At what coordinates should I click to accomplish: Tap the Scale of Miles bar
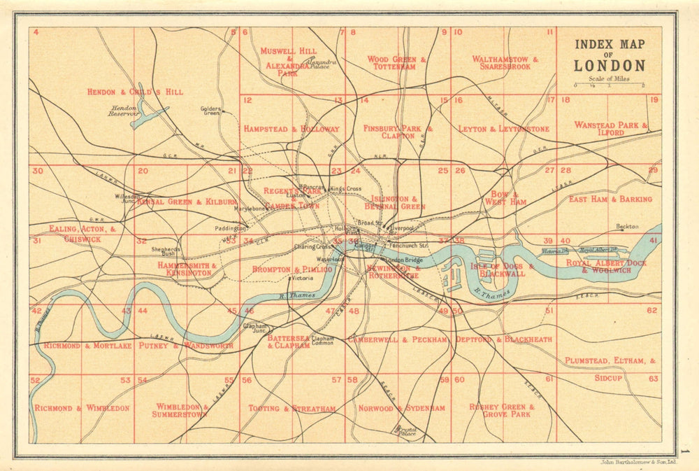(x=609, y=85)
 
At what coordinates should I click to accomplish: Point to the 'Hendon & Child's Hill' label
(x=135, y=92)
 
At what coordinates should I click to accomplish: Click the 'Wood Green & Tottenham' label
(x=396, y=63)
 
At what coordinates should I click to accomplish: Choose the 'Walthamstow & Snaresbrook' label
(x=505, y=62)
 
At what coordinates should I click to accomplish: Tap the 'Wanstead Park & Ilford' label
(x=611, y=128)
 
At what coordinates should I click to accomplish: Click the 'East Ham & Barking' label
(x=610, y=199)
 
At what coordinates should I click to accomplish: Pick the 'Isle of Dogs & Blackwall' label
(x=503, y=270)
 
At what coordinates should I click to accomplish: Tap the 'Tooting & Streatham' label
(x=292, y=408)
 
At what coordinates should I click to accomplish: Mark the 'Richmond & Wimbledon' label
(x=82, y=407)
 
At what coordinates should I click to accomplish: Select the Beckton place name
(x=628, y=227)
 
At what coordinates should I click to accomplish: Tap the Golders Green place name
(x=210, y=111)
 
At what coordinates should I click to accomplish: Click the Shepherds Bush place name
(x=168, y=251)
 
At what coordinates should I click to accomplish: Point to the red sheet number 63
(x=653, y=379)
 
